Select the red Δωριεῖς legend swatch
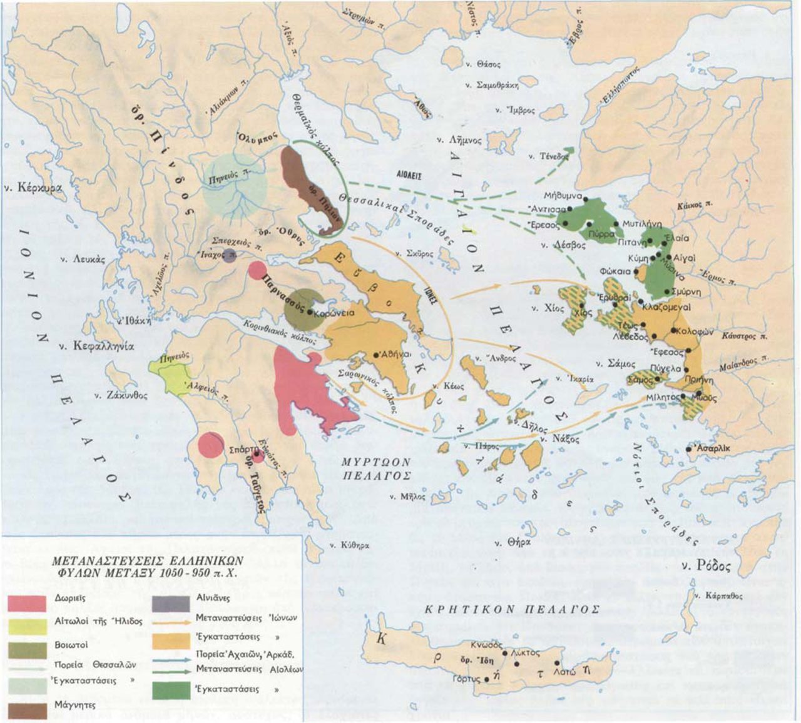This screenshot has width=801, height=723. [27, 602]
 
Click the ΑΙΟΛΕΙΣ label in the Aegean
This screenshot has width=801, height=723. [405, 177]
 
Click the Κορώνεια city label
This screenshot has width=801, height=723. [335, 314]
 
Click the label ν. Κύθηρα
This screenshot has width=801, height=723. [351, 545]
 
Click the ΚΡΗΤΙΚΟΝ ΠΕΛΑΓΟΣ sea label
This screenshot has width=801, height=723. [512, 609]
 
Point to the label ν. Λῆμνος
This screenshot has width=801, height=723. [461, 141]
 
